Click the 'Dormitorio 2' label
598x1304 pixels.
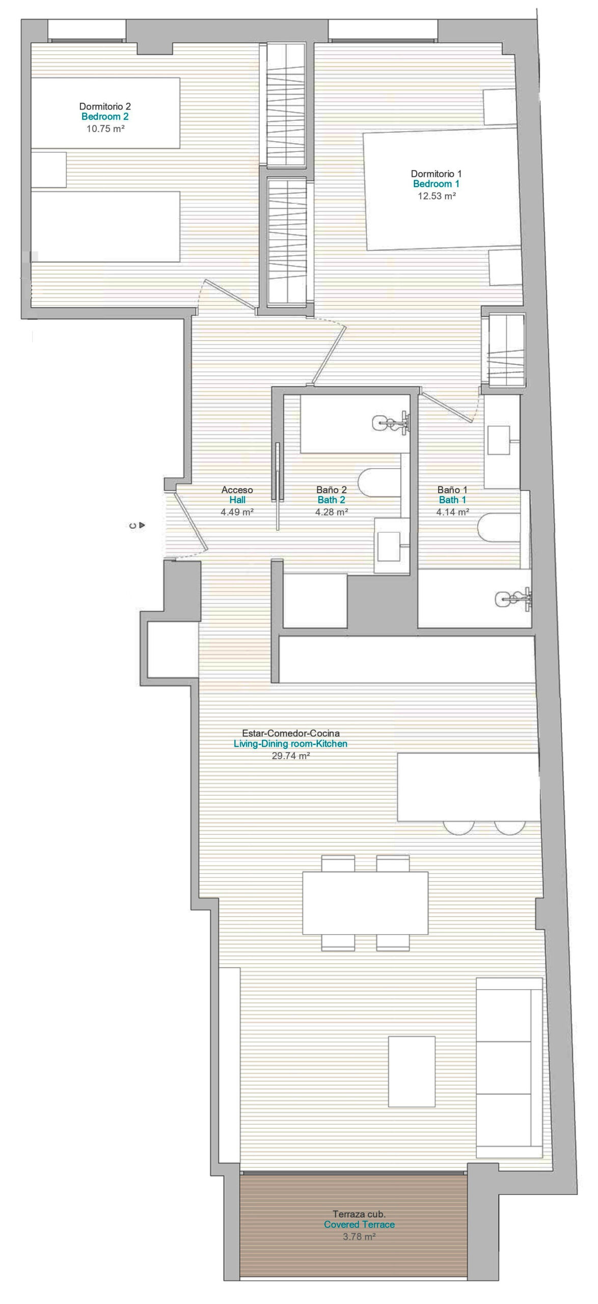pyautogui.click(x=105, y=106)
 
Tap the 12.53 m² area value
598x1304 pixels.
pyautogui.click(x=437, y=196)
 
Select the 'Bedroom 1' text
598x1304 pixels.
pyautogui.click(x=437, y=184)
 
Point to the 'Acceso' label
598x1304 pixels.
pyautogui.click(x=237, y=490)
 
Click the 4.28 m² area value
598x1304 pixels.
pyautogui.click(x=332, y=512)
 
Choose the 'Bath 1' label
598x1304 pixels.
pyautogui.click(x=452, y=500)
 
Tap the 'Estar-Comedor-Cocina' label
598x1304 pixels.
pyautogui.click(x=290, y=733)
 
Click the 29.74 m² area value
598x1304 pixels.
pyautogui.click(x=291, y=756)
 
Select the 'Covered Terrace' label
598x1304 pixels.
pyautogui.click(x=359, y=1225)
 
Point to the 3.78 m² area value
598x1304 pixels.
pyautogui.click(x=359, y=1236)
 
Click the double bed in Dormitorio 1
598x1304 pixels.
pyautogui.click(x=442, y=190)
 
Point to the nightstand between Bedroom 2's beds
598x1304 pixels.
pyautogui.click(x=48, y=170)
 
